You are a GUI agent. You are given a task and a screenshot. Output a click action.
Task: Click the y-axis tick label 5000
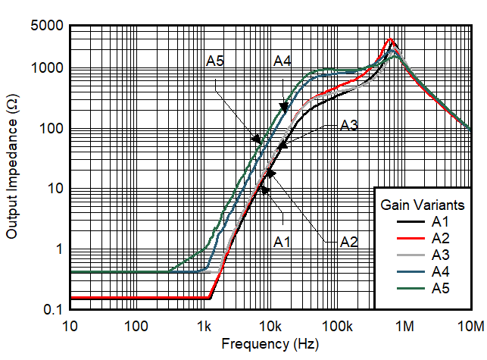[x=47, y=25]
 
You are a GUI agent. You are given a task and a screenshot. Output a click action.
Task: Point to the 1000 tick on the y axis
[x=47, y=68]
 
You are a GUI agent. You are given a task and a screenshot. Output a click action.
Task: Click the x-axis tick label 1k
[x=203, y=327]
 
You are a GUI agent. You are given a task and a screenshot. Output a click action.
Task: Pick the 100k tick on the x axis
[x=337, y=327]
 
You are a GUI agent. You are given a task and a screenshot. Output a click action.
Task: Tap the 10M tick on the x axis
[x=470, y=327]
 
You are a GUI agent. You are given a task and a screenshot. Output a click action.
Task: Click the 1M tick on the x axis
[x=404, y=327]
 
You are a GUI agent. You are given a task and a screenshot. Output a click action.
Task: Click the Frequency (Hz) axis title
[x=270, y=344]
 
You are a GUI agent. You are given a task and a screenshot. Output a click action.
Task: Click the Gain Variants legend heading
[x=422, y=204]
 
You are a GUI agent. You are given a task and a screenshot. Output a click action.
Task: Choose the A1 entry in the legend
[x=440, y=222]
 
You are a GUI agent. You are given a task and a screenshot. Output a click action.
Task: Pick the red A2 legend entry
[x=440, y=238]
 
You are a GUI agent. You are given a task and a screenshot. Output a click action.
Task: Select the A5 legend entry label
[x=440, y=286]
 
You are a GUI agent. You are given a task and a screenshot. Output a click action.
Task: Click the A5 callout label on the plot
[x=215, y=62]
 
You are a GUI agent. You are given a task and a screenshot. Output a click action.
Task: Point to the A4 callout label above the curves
[x=283, y=62]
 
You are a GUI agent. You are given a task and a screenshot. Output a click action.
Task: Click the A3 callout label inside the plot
[x=349, y=126]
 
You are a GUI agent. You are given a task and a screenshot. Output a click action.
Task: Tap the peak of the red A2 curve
[x=390, y=39]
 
